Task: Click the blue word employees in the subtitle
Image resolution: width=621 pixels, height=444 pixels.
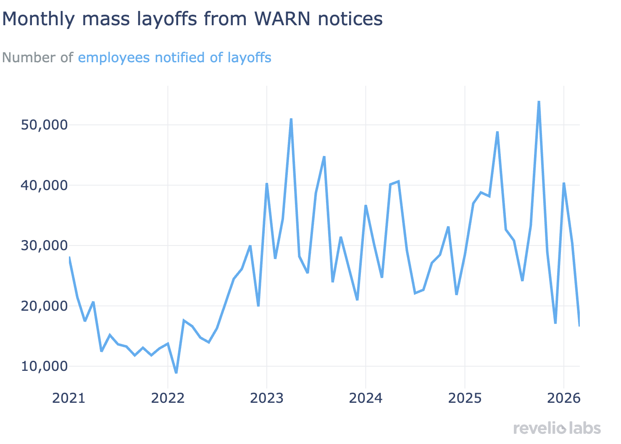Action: coord(113,58)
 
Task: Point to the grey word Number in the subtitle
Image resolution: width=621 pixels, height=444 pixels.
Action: coord(29,58)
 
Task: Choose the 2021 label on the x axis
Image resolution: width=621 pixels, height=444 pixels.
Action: coord(68,398)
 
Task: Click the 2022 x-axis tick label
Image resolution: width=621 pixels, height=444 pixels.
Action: coord(168,398)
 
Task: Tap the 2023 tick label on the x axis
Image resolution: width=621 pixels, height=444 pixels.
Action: coord(267,398)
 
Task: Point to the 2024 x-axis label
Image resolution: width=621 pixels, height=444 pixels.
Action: coord(366,398)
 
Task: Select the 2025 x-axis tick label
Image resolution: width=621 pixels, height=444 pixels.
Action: coord(465,398)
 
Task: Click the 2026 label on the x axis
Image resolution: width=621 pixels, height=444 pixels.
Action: coord(563,398)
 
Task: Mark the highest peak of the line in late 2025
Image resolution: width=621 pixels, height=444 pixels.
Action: coord(539,101)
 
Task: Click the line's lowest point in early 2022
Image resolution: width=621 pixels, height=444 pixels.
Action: coord(176,373)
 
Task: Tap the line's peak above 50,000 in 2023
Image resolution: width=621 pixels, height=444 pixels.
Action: coord(291,119)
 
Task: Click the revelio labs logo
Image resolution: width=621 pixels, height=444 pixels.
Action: coord(557,428)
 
